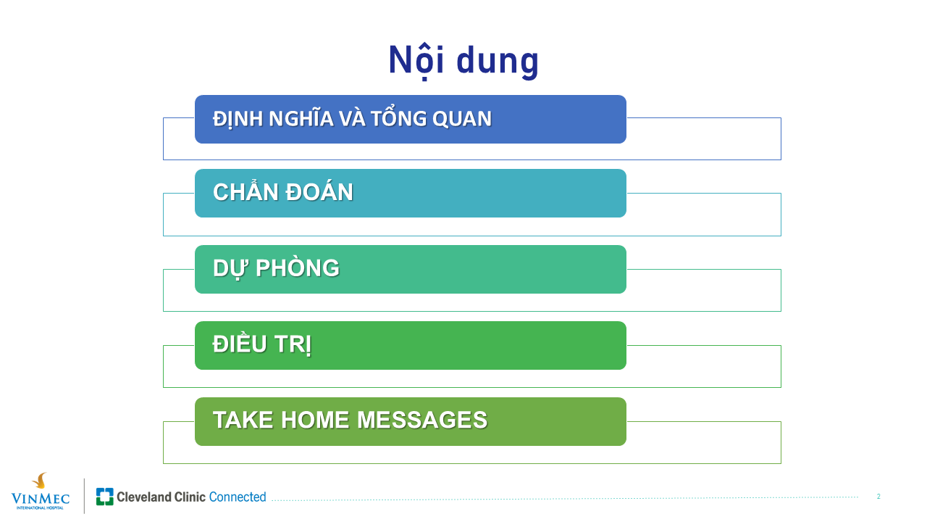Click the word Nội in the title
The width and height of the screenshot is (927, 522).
click(416, 61)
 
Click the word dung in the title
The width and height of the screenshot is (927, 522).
click(498, 62)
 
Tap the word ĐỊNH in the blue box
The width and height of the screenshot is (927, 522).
click(238, 119)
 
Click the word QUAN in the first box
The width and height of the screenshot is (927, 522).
click(462, 120)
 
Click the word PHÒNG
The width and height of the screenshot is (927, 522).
click(298, 268)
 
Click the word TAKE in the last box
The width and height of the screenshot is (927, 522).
click(243, 420)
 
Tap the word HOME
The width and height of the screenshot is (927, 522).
click(315, 420)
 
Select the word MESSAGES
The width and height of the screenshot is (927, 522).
click(422, 420)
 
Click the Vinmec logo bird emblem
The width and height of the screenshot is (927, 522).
click(40, 481)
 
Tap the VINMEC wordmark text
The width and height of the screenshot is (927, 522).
click(40, 498)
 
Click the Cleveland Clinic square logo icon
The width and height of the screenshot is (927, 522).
click(105, 497)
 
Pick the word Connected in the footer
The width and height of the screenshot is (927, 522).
click(238, 497)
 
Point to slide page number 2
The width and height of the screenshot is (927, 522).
click(878, 497)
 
